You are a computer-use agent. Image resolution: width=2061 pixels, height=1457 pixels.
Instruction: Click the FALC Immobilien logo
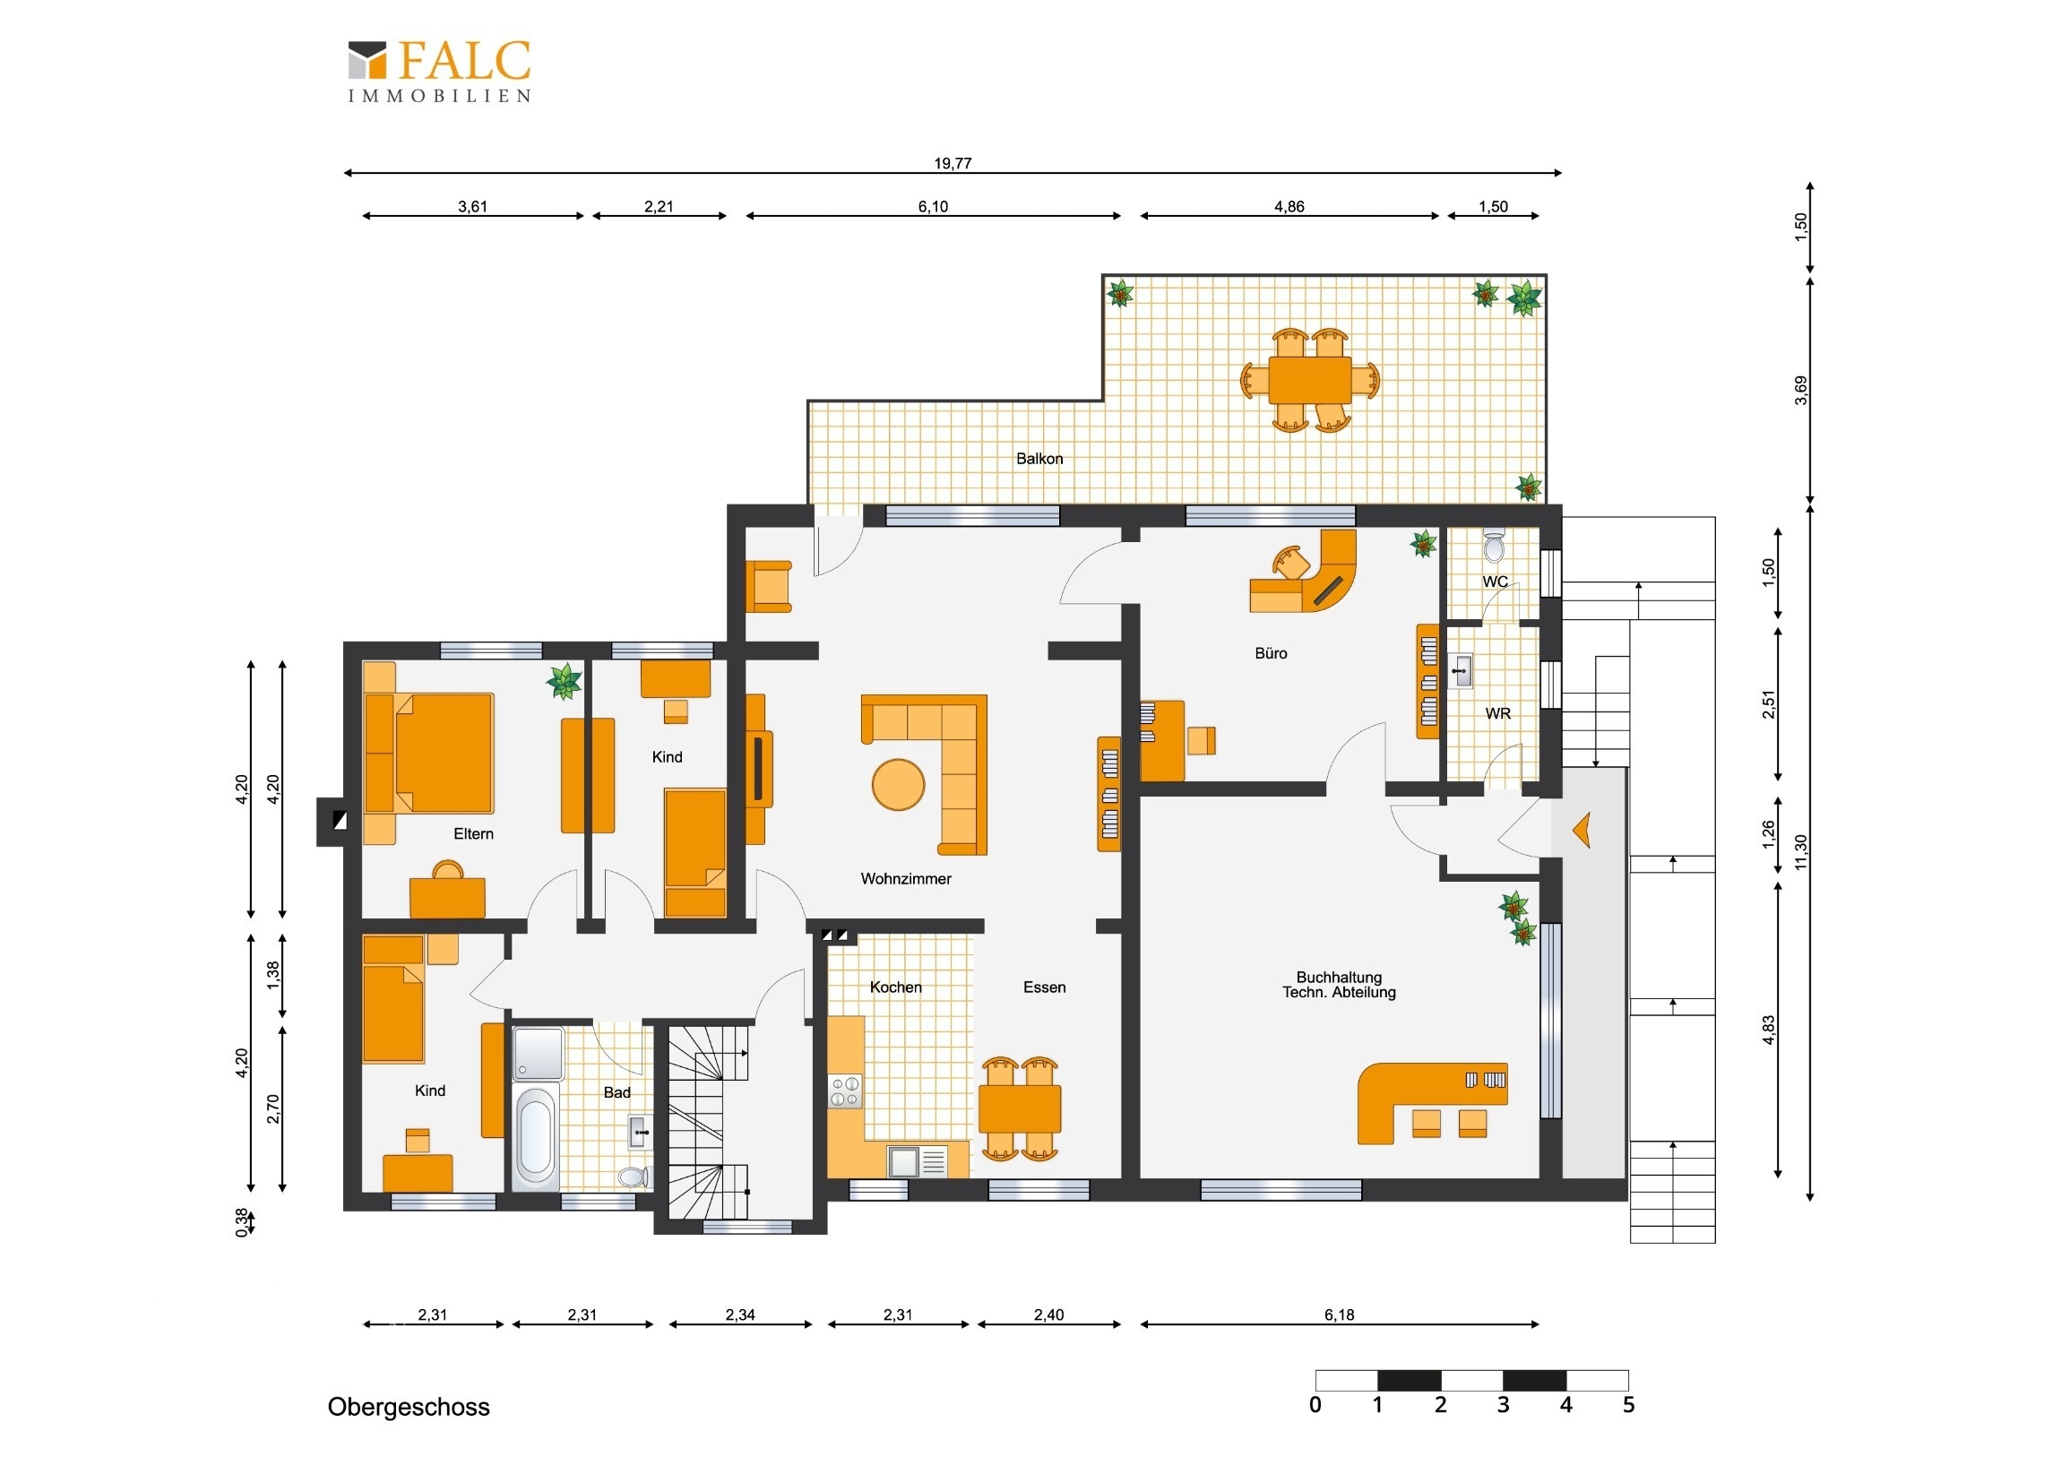439,71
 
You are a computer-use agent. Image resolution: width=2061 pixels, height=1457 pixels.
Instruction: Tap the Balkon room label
1039,459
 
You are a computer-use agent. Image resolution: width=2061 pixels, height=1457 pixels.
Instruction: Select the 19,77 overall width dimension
953,163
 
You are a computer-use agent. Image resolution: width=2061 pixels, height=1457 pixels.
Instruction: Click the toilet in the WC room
1494,547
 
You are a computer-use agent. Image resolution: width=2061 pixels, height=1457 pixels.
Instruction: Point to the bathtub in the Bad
535,1134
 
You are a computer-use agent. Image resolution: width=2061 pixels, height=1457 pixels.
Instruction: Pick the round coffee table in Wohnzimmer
899,785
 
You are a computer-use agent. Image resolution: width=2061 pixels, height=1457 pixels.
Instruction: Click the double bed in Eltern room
429,754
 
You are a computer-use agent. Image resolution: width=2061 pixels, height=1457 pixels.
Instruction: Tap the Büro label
1271,653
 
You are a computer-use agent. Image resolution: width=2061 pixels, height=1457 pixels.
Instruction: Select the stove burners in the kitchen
845,1091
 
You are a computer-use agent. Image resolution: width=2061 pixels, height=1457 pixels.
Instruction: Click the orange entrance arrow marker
1582,831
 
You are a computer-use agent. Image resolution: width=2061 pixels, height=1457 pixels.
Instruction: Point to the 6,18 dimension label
1340,1315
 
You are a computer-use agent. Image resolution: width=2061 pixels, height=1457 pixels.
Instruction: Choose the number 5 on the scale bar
1628,1405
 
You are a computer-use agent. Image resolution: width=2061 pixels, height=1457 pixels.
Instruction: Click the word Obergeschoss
409,1407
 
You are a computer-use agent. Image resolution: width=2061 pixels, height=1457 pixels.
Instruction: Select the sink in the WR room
1461,671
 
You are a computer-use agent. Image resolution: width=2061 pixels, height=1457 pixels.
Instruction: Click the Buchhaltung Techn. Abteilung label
1340,985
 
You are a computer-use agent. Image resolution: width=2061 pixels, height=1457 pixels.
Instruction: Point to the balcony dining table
1310,380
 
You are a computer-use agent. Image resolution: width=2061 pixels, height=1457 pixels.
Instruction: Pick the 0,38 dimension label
241,1222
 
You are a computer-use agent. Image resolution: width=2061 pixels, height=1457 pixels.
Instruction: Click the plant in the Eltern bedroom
564,681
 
